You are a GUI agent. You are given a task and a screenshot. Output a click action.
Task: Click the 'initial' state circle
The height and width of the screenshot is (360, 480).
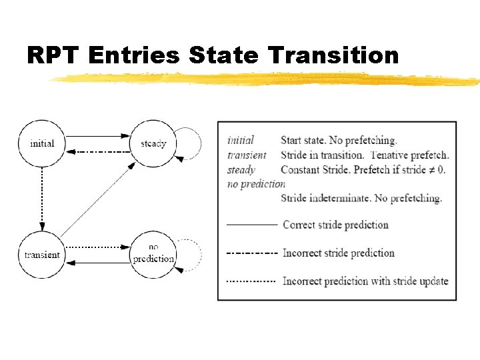coord(42,143)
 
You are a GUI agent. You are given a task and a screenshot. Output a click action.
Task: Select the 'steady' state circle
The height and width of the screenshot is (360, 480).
coord(153,143)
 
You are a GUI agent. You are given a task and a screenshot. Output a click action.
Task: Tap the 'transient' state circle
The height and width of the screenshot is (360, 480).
coord(42,255)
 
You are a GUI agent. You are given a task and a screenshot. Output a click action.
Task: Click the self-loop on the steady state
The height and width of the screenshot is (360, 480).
coord(191,143)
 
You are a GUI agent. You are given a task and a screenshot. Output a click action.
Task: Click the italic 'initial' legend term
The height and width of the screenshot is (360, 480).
coord(240,141)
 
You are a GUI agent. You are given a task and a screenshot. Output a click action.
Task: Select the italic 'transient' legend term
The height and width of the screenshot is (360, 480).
coord(247,155)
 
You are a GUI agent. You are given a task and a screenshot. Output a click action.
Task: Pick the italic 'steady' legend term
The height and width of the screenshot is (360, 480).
coord(241,169)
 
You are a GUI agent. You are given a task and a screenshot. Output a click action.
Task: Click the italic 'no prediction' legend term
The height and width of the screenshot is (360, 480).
coord(256,184)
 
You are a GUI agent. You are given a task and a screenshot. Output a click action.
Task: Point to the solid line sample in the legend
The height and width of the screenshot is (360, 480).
coord(252,225)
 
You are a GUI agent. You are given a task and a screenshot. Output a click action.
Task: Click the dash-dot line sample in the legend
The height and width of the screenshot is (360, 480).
coord(252,253)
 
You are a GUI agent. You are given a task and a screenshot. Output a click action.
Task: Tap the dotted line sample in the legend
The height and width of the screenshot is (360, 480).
coord(252,281)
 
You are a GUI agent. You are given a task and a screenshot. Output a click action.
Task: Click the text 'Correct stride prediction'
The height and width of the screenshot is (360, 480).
coord(335,225)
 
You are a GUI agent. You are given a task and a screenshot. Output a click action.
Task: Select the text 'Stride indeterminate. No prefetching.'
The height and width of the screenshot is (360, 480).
coord(361,198)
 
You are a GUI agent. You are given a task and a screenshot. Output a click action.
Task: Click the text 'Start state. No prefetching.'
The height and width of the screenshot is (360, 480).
coord(339,141)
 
